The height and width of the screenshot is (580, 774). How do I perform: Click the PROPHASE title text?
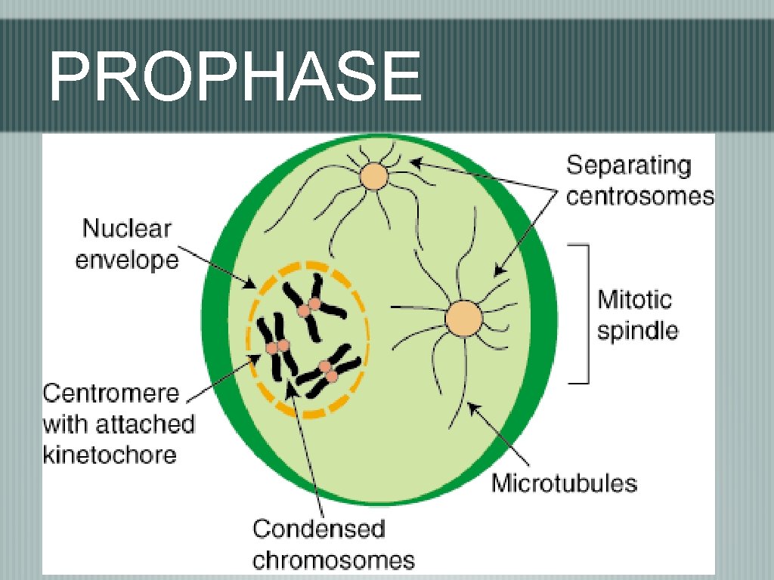234,78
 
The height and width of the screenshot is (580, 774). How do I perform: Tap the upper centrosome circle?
373,177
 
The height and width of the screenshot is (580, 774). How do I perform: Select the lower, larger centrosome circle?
463,319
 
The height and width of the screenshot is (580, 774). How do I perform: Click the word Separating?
629,165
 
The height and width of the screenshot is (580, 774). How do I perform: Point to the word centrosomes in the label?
640,196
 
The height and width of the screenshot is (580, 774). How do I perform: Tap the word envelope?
127,261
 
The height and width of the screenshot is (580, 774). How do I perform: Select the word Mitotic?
634,300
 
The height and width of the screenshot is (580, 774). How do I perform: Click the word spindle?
638,331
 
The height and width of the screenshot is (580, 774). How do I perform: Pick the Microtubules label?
564,483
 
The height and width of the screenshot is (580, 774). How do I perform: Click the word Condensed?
318,529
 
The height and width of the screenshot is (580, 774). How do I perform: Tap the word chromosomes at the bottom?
333,560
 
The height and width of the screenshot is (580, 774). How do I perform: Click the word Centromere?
111,393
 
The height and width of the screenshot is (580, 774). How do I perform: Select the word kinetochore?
109,455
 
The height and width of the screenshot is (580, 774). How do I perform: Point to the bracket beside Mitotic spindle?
582,313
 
